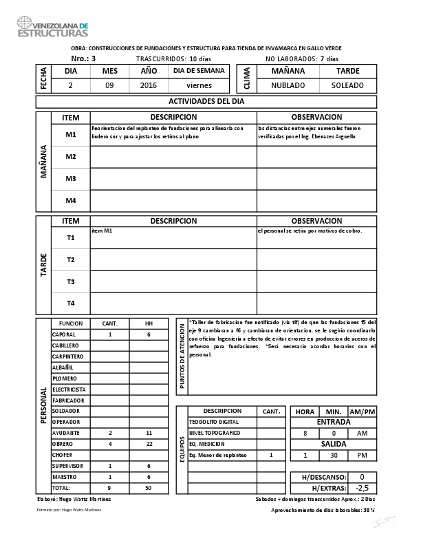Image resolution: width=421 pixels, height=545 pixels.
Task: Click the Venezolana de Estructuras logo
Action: coord(53,27)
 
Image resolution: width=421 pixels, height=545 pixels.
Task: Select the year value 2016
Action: coord(149,86)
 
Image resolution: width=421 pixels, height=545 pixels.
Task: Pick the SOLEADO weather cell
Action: coord(348,86)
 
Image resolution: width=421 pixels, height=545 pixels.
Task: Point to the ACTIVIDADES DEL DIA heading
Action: coord(206,102)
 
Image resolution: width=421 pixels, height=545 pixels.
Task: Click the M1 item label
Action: coord(70,135)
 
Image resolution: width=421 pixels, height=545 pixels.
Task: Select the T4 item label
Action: coord(70,303)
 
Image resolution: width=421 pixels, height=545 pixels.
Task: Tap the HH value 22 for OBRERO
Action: coord(149,444)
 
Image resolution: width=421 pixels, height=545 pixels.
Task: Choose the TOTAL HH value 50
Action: coord(149,487)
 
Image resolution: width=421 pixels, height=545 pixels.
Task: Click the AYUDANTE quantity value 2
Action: coord(110,433)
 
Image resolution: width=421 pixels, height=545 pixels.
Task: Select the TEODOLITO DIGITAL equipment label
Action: coord(214,422)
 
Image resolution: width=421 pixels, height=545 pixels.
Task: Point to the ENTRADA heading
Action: coord(334,422)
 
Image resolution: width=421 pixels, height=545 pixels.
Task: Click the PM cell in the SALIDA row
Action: coord(363,456)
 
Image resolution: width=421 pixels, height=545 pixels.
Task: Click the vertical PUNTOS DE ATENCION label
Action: coord(182,357)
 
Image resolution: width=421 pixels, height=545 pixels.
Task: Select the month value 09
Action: coord(109,86)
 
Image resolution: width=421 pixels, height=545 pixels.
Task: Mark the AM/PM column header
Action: coord(363,412)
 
